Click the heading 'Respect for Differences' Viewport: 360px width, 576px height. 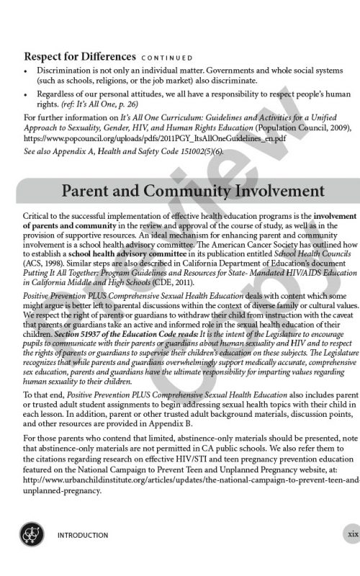(80, 56)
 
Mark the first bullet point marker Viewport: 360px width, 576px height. (27, 72)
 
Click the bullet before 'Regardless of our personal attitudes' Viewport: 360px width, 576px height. (27, 94)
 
